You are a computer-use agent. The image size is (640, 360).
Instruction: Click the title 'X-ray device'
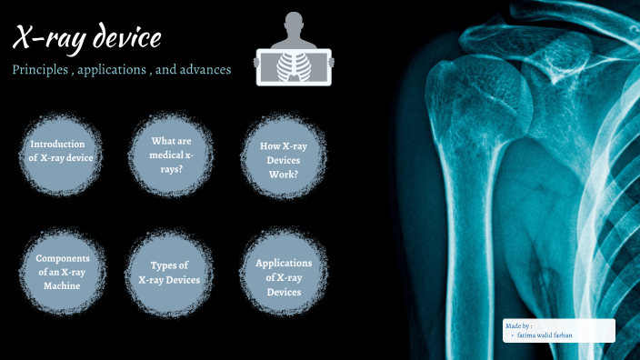click(87, 39)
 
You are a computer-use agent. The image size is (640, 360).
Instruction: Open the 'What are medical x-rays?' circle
click(170, 152)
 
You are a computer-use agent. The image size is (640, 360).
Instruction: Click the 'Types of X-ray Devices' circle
click(170, 272)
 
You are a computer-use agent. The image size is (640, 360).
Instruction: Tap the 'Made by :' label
click(518, 325)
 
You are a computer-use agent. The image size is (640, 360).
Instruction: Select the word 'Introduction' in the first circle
click(57, 144)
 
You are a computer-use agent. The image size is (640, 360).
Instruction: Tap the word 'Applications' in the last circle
click(283, 263)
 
